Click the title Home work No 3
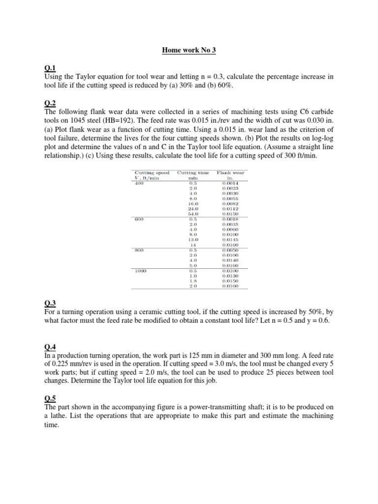189,50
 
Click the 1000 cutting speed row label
140,270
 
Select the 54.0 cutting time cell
193,214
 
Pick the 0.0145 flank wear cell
230,240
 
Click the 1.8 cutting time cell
193,281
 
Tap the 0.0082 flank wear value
230,203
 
